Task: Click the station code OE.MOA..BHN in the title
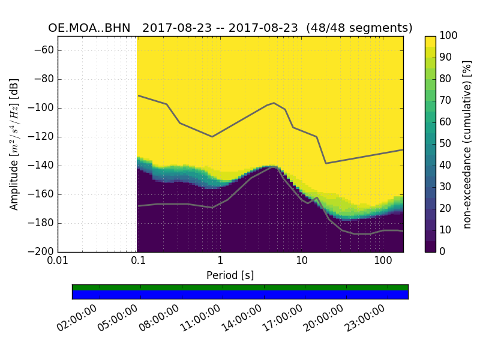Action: point(89,28)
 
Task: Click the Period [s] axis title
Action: point(230,275)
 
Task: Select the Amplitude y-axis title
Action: point(14,144)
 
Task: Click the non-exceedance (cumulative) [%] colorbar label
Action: point(467,144)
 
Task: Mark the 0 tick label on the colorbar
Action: point(443,251)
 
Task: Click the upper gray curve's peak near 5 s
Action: point(274,103)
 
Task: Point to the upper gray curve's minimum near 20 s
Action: point(326,163)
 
